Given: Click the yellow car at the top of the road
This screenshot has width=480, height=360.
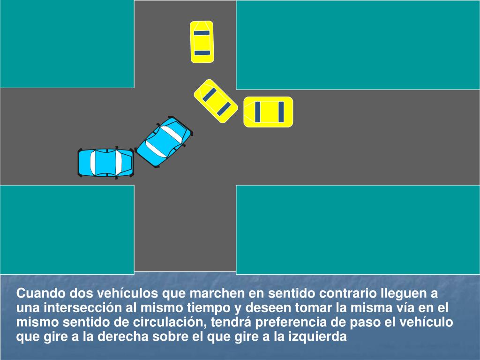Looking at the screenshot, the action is click(x=202, y=42).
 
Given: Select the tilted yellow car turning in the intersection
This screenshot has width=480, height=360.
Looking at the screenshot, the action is click(x=216, y=101).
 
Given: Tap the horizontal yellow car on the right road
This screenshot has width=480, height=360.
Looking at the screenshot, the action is click(x=268, y=112).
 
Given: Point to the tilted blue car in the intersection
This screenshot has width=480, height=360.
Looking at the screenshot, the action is click(x=164, y=141).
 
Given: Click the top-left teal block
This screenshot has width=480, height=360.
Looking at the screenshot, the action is click(x=67, y=44).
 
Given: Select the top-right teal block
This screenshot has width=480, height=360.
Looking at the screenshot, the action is click(x=358, y=45).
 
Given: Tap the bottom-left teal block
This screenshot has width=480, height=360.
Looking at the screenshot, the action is click(x=67, y=229).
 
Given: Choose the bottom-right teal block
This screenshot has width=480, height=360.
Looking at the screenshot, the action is click(x=358, y=229).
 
